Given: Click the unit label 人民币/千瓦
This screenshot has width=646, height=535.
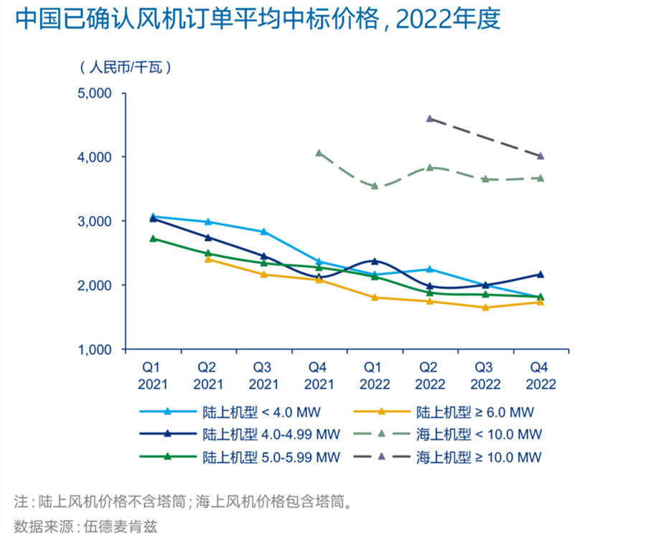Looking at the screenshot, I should (125, 68).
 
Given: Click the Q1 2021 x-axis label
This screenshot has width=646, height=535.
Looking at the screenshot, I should (152, 375).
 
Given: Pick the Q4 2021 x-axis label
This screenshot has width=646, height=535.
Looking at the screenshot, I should (319, 375).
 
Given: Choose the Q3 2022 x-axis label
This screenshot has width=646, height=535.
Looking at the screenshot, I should (485, 375).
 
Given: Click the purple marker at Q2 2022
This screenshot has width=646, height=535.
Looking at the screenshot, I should (430, 118).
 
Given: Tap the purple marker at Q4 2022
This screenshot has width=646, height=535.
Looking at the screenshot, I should (540, 156).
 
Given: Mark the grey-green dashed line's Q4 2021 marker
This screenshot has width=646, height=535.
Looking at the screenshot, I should (319, 153).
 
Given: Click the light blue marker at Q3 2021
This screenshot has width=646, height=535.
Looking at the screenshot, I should (263, 232).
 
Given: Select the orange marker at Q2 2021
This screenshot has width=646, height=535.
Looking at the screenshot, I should (208, 259).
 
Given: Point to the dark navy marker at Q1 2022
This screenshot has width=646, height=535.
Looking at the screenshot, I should (375, 262).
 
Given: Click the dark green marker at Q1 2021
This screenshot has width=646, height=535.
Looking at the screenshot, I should (153, 238).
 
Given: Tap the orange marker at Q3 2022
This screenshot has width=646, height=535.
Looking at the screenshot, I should (485, 308).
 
